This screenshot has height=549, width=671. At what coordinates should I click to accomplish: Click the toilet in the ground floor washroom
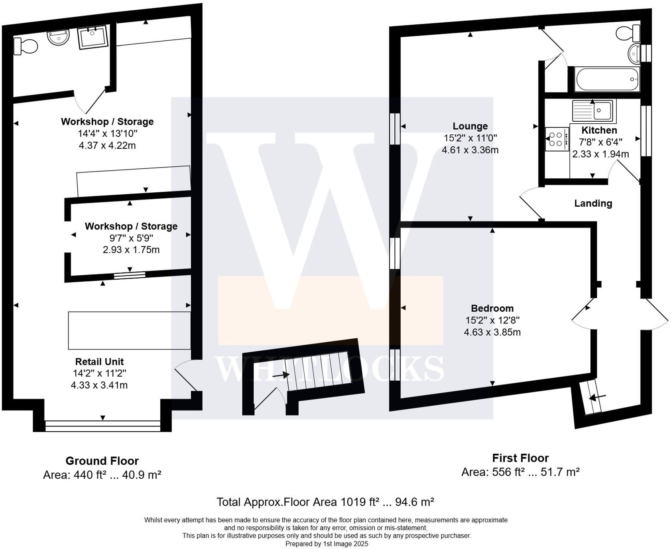pyautogui.click(x=25, y=45)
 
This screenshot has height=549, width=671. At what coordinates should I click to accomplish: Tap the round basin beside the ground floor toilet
pyautogui.click(x=58, y=38)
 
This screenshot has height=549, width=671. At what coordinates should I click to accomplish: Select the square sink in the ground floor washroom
pyautogui.click(x=92, y=37)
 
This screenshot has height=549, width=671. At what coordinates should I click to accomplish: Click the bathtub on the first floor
pyautogui.click(x=607, y=79)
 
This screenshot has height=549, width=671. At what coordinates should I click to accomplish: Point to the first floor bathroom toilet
pyautogui.click(x=628, y=33)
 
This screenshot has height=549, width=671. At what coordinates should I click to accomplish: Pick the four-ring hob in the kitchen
pyautogui.click(x=556, y=139)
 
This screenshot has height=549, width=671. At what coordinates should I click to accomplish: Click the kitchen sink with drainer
pyautogui.click(x=593, y=110)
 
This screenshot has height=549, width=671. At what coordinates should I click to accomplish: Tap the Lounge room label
pyautogui.click(x=470, y=126)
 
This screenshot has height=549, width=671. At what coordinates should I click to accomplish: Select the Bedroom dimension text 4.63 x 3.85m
pyautogui.click(x=492, y=332)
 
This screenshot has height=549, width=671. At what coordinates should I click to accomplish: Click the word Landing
pyautogui.click(x=593, y=203)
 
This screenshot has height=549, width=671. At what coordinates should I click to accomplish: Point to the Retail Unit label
pyautogui.click(x=99, y=361)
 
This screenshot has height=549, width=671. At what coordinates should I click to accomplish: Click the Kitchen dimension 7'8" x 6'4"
pyautogui.click(x=600, y=142)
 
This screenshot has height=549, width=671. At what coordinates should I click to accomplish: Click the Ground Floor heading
pyautogui.click(x=102, y=461)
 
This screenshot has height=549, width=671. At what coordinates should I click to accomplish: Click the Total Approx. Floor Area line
pyautogui.click(x=325, y=502)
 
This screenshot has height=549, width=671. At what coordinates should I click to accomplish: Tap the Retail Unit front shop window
pyautogui.click(x=102, y=426)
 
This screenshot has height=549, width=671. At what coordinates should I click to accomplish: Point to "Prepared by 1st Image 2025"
pyautogui.click(x=327, y=544)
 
